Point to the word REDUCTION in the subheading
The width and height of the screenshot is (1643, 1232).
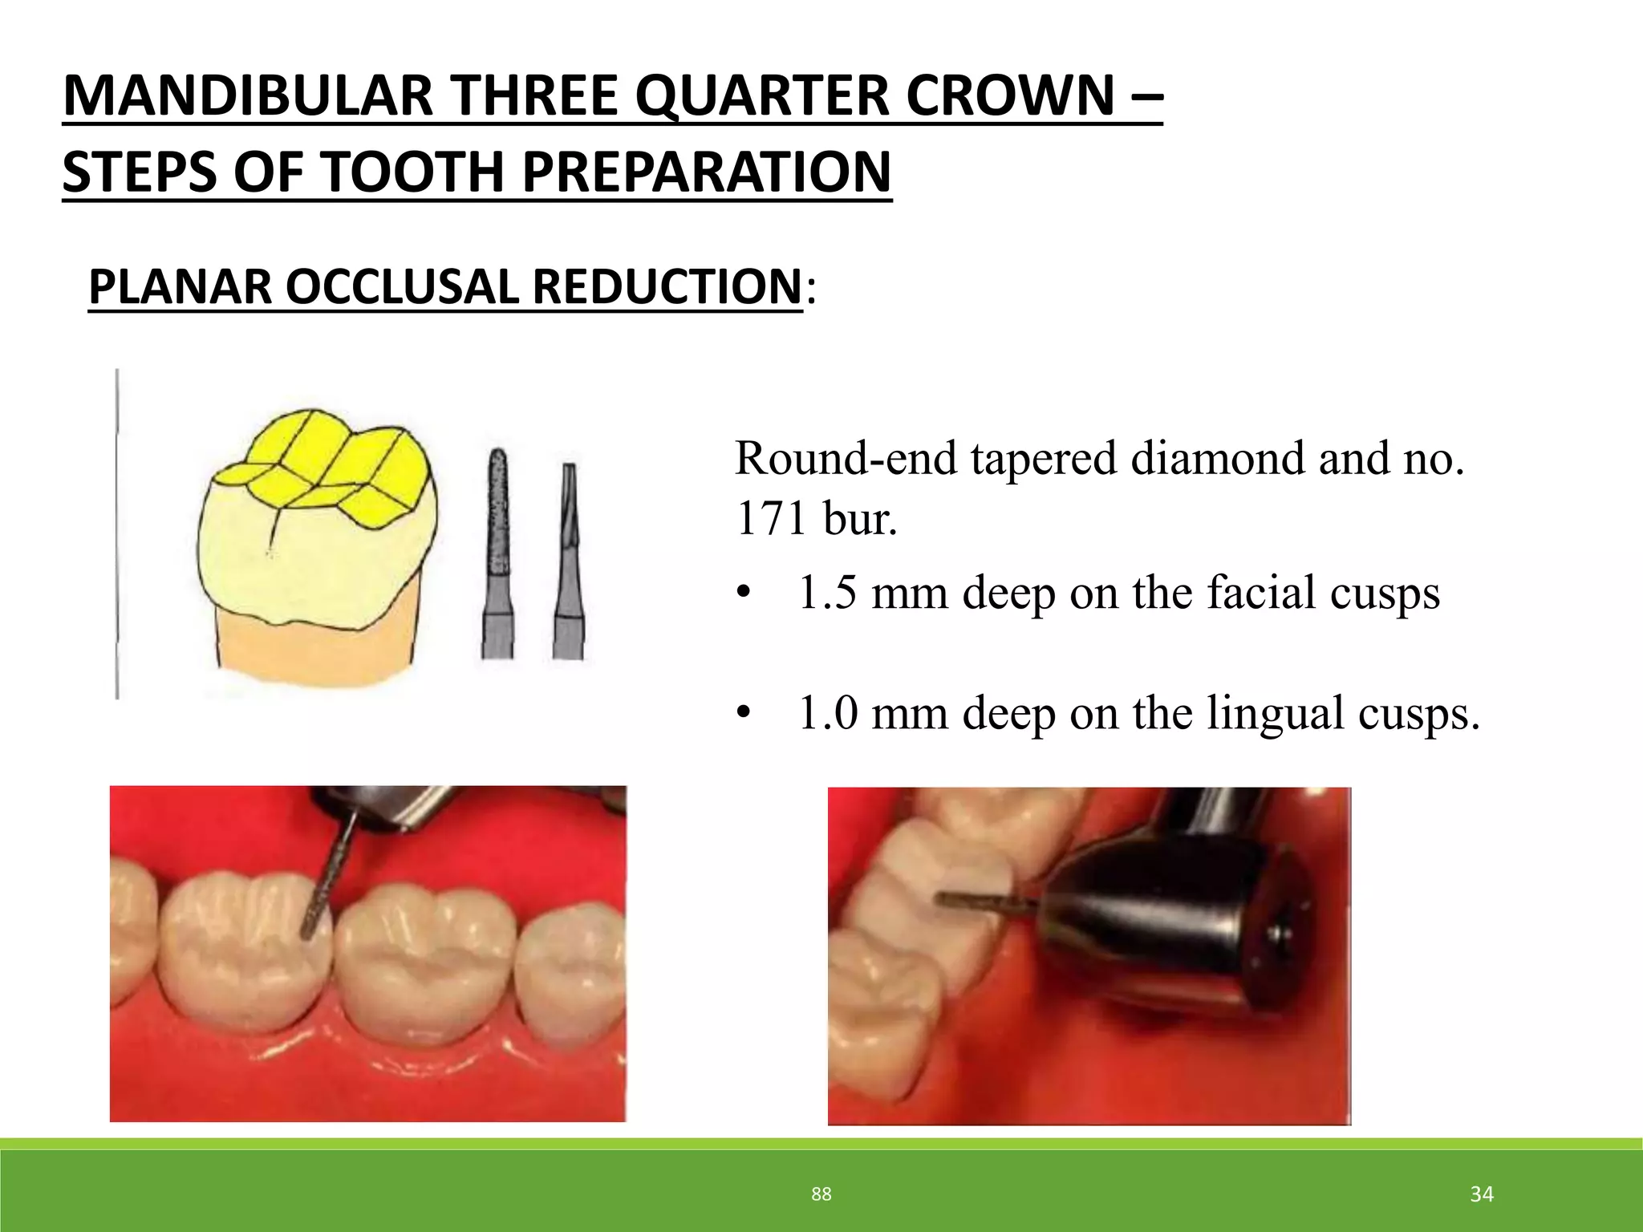[x=667, y=286]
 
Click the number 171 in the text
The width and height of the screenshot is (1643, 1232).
[x=773, y=519]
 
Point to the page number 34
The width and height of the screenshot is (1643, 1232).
[x=1482, y=1194]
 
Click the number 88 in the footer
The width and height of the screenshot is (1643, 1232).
[x=821, y=1194]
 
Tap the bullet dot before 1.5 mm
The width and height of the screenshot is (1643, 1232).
[x=744, y=594]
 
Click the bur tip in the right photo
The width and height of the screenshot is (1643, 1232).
[x=943, y=898]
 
